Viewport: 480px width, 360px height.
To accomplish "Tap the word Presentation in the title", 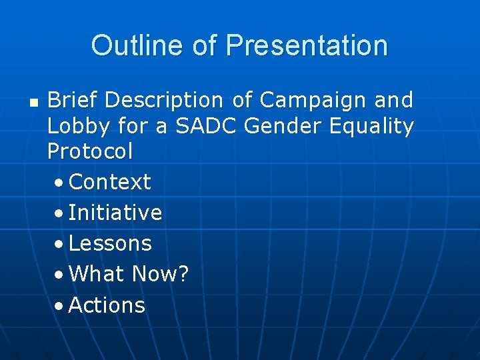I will tap(307, 46).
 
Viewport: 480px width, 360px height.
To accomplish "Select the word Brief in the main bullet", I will tap(72, 100).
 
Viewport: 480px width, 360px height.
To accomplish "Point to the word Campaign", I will tap(313, 101).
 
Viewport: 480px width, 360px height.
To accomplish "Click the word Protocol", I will tap(90, 151).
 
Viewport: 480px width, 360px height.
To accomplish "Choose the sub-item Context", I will tap(109, 181).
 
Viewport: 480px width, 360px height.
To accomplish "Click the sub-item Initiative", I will tap(115, 213).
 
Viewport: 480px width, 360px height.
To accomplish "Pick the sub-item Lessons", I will tap(110, 243).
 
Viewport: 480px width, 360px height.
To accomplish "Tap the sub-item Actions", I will tap(107, 305).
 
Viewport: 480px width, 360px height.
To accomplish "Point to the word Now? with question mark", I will tap(161, 274).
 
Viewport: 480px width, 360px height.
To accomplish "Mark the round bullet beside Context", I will tap(59, 183).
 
